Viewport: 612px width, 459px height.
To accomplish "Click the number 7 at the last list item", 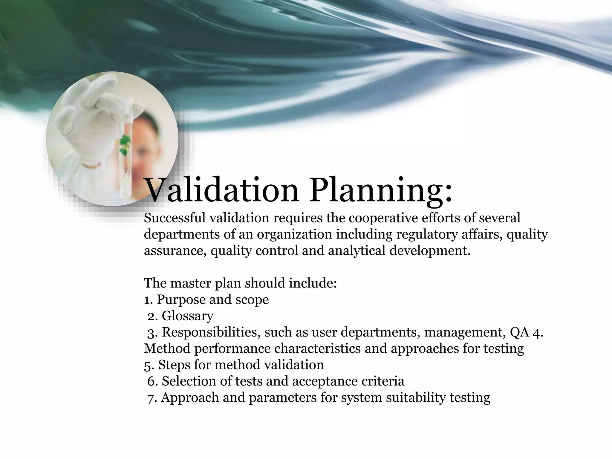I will pos(150,398).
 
